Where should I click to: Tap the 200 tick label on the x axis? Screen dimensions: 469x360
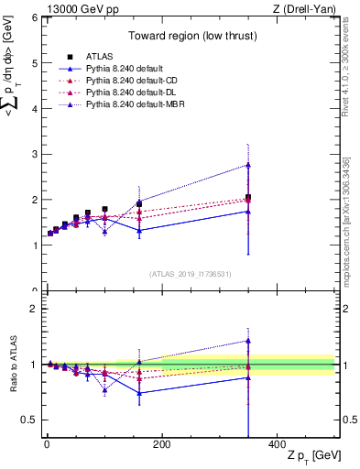(161, 443)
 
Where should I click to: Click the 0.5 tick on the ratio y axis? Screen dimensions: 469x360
(29, 420)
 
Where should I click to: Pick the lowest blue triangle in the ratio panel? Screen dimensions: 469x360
(139, 393)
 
